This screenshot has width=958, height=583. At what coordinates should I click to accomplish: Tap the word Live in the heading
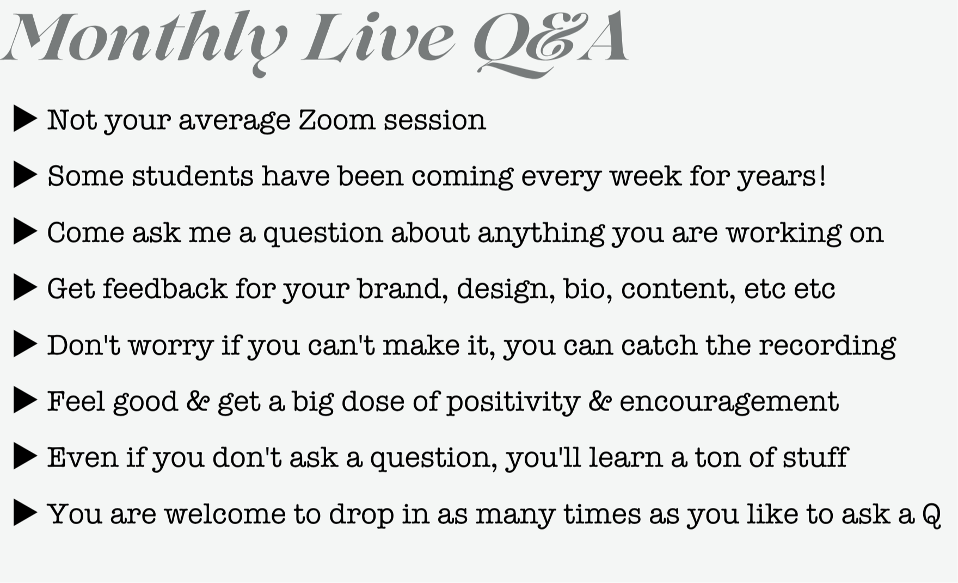point(378,38)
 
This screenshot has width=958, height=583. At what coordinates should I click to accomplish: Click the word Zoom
point(337,120)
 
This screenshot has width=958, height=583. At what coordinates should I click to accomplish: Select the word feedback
point(165,288)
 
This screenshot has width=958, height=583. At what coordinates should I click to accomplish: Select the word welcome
point(225,513)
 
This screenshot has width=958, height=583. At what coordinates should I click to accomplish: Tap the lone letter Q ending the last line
point(931,514)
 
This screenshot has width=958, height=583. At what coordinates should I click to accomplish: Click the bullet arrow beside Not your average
point(25,119)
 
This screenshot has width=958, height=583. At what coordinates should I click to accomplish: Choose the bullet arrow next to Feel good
point(25,401)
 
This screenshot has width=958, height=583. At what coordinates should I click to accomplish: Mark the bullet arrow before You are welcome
point(25,513)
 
